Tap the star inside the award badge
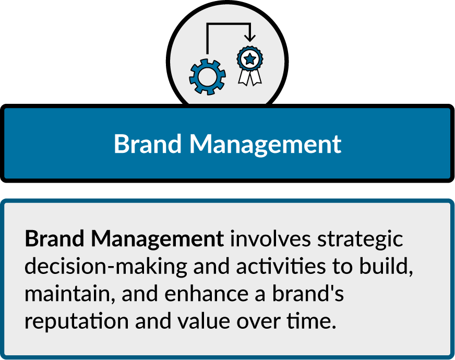[x=250, y=59]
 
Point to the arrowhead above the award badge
[x=250, y=38]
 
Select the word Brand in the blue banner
[x=148, y=143]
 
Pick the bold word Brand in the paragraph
[x=54, y=238]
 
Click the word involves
[x=270, y=239]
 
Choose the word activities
[x=281, y=266]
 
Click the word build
[x=386, y=266]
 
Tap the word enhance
[x=207, y=293]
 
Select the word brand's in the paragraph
[x=308, y=293]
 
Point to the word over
[x=259, y=322]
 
